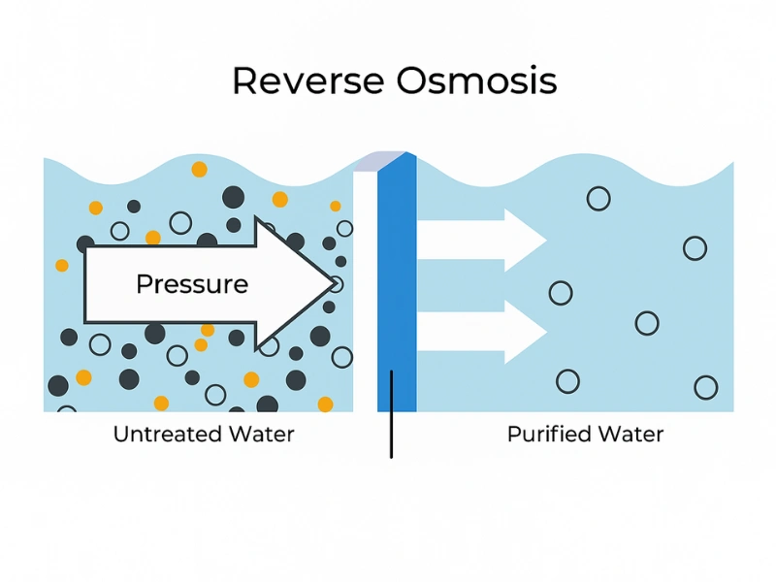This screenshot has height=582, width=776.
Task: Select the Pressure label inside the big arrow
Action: pos(192,284)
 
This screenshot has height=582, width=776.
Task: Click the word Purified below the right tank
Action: pos(548,434)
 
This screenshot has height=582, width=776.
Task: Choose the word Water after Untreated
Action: pos(261,434)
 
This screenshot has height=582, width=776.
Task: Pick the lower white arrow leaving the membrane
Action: pos(481,331)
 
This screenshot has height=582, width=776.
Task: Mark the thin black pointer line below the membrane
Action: pos(391,417)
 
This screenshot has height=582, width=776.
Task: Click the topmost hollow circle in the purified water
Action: pos(598,199)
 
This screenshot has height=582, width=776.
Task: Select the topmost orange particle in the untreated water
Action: pos(199,169)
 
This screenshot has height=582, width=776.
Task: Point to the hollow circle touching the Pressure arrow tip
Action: pos(336,284)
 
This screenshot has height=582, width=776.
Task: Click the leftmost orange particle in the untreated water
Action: pos(62,265)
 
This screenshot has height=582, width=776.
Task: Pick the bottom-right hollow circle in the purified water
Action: pos(706,388)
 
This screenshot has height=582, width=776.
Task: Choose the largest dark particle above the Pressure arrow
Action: pos(233,198)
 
